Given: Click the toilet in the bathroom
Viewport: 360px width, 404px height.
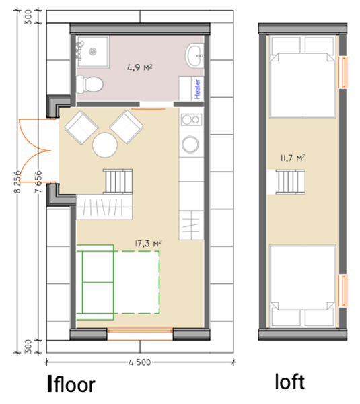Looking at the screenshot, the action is point(89,84).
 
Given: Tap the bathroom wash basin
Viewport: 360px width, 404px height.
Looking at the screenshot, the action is point(194,56).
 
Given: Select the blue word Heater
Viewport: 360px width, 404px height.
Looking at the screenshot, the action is point(198,89).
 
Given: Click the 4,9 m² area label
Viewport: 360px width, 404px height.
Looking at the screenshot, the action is point(140,67).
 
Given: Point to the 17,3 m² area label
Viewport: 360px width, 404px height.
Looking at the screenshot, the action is point(148,243).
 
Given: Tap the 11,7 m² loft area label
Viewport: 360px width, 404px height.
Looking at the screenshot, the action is point(293,158).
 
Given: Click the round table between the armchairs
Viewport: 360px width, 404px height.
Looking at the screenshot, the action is point(105,145).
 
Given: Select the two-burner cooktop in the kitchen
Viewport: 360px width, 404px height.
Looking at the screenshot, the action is point(191,120).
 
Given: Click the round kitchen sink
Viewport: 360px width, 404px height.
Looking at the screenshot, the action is point(190,144).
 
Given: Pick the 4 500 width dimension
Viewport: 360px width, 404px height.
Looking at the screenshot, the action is point(139,362).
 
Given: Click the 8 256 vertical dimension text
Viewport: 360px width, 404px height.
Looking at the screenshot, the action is point(17,181).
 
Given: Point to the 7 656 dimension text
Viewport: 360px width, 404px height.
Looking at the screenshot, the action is point(38,181).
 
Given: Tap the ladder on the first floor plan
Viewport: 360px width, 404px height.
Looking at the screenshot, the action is point(118,181).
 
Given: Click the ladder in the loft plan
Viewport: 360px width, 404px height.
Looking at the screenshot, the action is point(291,182).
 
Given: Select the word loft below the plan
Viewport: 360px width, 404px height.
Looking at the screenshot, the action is point(290,382).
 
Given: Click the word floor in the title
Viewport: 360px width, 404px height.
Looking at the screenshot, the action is point(75,384).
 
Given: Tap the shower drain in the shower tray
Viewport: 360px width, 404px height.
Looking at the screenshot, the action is point(93,52).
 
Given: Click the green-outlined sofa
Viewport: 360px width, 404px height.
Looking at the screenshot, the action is point(95,282).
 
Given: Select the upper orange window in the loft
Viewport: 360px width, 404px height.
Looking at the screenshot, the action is point(343,72).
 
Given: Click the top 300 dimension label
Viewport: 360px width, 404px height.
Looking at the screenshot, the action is point(28,17).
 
